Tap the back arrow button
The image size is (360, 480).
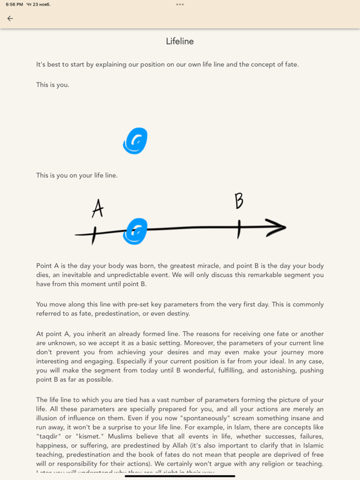click(10, 19)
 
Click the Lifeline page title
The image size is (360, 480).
click(180, 41)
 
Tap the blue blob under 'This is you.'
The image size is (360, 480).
click(135, 141)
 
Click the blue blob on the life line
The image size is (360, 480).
click(135, 231)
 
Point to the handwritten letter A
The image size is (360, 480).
click(97, 208)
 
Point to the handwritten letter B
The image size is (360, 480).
click(239, 201)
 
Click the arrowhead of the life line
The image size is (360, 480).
click(276, 227)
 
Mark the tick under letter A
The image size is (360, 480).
click(94, 235)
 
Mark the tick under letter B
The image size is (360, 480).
click(239, 229)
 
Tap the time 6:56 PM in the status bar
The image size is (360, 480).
click(14, 4)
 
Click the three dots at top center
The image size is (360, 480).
click(180, 4)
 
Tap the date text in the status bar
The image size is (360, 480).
click(39, 4)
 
